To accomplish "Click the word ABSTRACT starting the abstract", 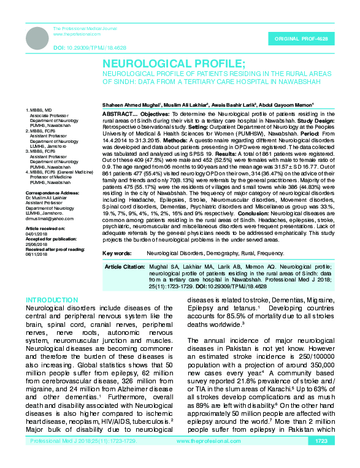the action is pyautogui.click(x=115, y=115).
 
